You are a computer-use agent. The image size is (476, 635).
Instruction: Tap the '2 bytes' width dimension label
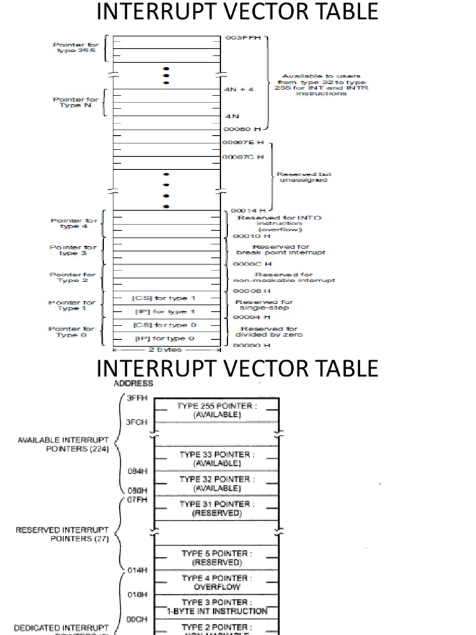(165, 350)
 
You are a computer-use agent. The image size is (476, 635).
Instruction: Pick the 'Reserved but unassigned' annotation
(302, 177)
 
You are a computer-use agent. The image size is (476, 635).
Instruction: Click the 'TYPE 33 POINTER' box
(216, 459)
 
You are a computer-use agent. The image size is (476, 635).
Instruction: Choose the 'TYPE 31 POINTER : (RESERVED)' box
(216, 508)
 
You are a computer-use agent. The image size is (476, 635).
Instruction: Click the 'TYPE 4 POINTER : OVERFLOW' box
(216, 582)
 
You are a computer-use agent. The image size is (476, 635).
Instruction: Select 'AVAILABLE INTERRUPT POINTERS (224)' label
(64, 445)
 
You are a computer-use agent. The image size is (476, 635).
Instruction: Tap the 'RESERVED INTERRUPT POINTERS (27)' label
(62, 535)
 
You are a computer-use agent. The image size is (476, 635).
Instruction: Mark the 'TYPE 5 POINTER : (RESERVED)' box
(216, 558)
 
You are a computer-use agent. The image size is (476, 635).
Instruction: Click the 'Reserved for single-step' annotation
(265, 305)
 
